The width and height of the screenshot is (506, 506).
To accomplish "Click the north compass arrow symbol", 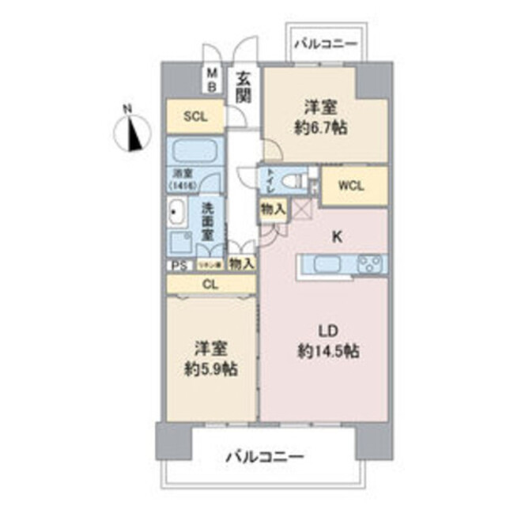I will click(135, 131).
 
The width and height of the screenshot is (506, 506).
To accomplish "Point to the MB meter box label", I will click(212, 79).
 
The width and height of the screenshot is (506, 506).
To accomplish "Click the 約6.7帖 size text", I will click(324, 127).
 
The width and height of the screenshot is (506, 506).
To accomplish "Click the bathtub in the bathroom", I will click(195, 150).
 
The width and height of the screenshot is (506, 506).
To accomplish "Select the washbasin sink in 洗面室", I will click(176, 213).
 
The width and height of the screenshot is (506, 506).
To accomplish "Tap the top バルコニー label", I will click(326, 44).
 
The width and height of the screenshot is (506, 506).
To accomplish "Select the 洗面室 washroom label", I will click(207, 222).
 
